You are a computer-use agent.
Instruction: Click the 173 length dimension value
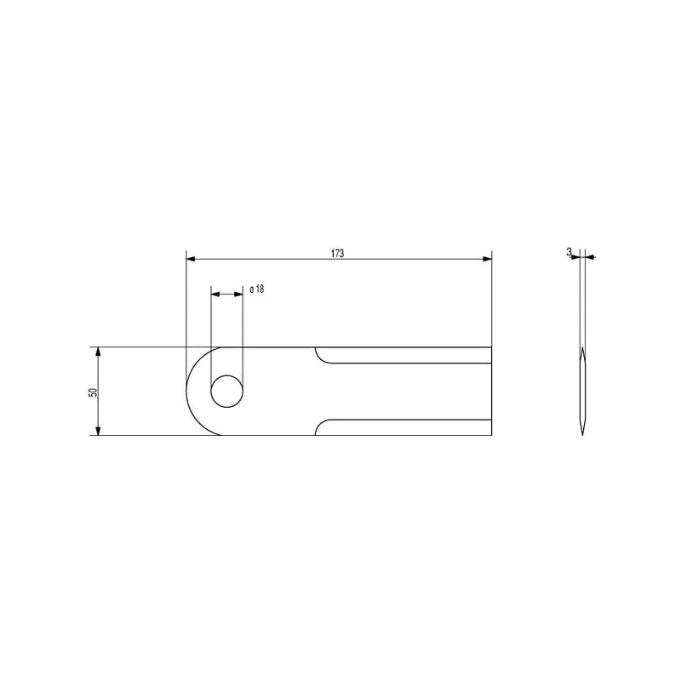point(337,253)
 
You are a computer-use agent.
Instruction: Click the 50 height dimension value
point(93,392)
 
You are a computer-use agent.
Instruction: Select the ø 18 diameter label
point(257,289)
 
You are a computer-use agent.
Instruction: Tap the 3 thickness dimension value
point(569,251)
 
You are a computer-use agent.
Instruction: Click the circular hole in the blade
point(226,391)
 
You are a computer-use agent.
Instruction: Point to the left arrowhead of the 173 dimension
point(190,259)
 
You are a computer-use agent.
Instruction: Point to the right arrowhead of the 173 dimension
point(487,259)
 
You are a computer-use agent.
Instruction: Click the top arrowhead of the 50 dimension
point(98,352)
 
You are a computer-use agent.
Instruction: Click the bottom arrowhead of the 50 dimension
point(98,431)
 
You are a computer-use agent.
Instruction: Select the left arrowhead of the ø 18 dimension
point(215,294)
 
